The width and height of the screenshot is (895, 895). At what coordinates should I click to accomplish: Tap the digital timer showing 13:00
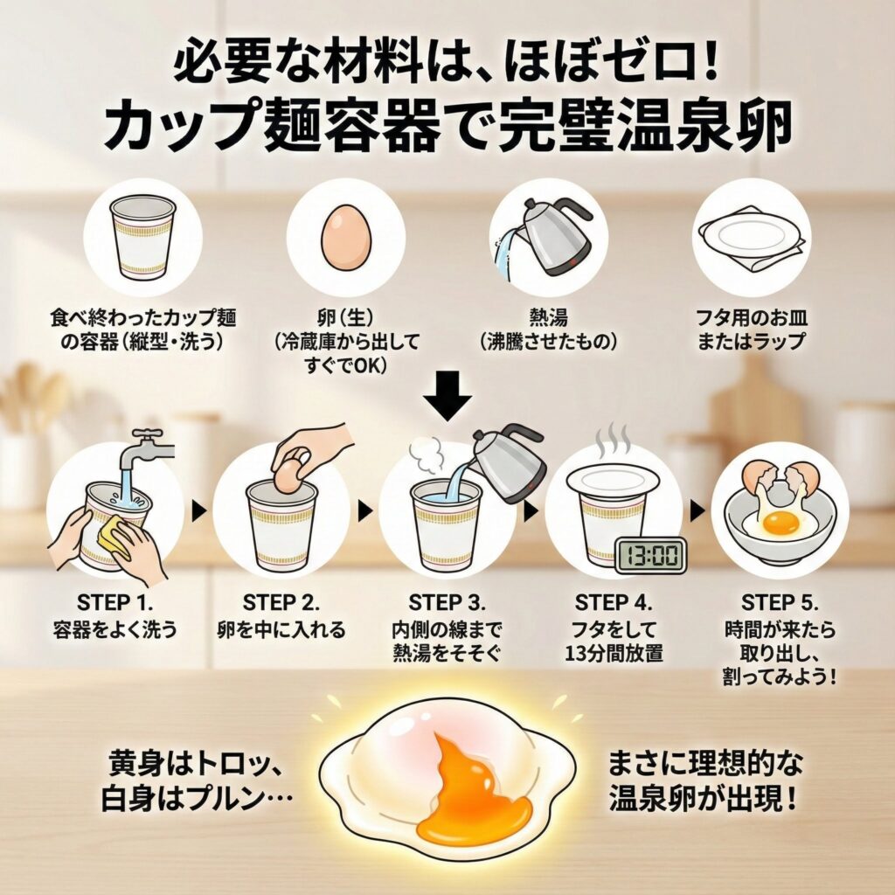[x=650, y=555]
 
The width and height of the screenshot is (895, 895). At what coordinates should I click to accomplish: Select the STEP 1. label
[x=114, y=603]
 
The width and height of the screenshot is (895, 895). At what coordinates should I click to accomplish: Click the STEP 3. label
[x=447, y=603]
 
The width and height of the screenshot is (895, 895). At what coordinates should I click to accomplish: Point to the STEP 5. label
[x=780, y=603]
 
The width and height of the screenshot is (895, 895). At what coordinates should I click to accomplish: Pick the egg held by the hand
[x=290, y=473]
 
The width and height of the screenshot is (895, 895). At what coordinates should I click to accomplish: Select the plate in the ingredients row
[x=751, y=236]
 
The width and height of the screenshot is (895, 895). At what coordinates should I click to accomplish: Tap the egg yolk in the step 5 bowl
[x=781, y=522]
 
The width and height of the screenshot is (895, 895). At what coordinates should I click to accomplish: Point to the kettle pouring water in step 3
[x=508, y=462]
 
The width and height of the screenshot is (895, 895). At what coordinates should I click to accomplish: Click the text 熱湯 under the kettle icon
[x=548, y=317]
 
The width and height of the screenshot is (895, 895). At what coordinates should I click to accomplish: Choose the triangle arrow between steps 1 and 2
[x=198, y=510]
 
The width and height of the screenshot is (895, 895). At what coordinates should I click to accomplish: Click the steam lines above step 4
[x=612, y=440]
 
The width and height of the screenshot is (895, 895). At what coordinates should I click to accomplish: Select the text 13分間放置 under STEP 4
[x=614, y=653]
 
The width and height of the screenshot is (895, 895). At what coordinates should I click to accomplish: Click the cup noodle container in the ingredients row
[x=142, y=238]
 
